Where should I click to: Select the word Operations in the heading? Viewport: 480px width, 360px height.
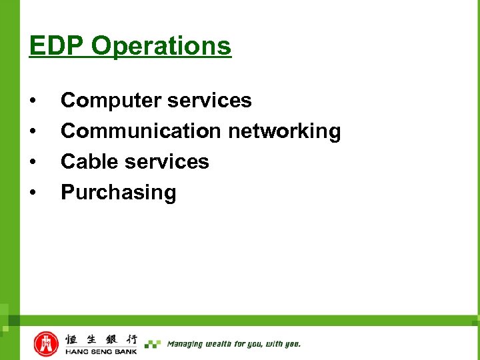tap(161, 46)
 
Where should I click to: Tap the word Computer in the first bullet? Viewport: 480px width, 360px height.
tap(111, 101)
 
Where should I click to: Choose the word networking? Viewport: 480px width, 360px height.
tap(284, 131)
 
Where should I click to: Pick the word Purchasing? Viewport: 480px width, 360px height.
tap(119, 192)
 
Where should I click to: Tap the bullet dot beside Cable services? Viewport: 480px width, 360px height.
tap(33, 162)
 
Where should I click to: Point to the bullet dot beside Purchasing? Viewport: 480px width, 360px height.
tap(33, 193)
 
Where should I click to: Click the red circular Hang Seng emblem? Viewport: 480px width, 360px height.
tap(47, 343)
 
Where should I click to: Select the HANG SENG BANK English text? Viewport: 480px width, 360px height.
tap(101, 351)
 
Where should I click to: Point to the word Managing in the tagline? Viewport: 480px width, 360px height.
tap(184, 344)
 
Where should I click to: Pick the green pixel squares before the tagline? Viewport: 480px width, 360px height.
tap(153, 344)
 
